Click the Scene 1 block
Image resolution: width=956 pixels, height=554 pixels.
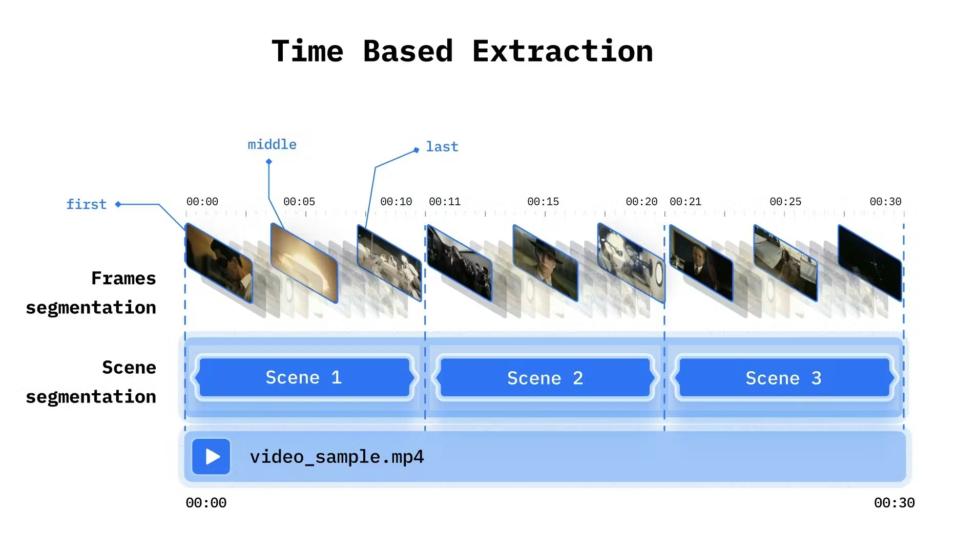[x=304, y=378]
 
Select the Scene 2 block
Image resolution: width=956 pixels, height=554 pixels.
[x=545, y=378]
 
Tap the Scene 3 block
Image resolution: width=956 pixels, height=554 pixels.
[x=783, y=378]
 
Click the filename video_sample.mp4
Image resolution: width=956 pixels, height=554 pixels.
[x=337, y=457]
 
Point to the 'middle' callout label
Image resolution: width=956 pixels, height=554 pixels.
[x=272, y=145]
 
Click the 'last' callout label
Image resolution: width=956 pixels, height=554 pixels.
[x=442, y=147]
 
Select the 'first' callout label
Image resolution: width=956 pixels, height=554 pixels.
[x=86, y=204]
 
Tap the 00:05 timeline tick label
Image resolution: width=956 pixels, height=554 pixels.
[x=299, y=202]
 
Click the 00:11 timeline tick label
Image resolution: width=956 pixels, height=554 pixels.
[x=445, y=202]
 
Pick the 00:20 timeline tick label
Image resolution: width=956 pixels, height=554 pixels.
[x=641, y=202]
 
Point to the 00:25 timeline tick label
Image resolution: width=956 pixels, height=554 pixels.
[x=785, y=202]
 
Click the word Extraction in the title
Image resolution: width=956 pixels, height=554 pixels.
[x=562, y=51]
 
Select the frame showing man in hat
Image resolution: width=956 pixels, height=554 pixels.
[x=545, y=262]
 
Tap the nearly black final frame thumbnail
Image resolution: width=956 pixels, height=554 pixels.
[x=869, y=262]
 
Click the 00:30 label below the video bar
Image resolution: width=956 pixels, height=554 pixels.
[x=894, y=503]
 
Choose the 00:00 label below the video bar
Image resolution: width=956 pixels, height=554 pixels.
[x=206, y=503]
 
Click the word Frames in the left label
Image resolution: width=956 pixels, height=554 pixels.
[x=123, y=278]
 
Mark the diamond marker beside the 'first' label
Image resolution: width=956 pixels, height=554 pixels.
[x=118, y=204]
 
